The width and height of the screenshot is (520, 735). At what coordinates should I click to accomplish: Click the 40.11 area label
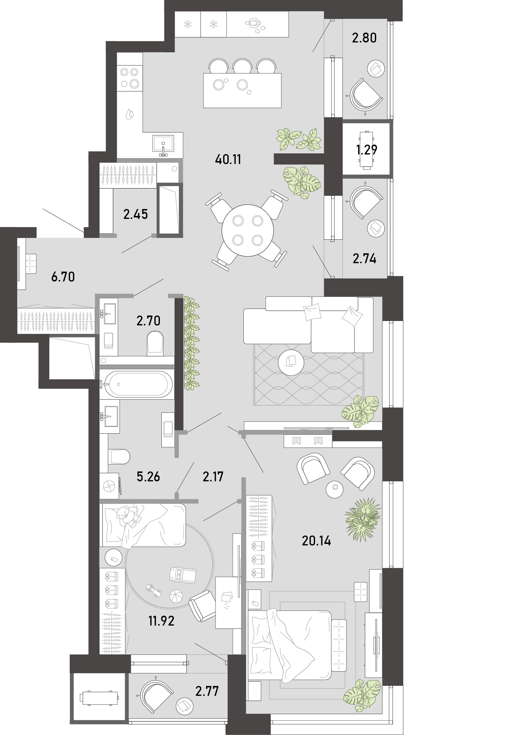(x=228, y=160)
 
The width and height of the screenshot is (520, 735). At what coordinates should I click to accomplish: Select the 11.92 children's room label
(x=161, y=621)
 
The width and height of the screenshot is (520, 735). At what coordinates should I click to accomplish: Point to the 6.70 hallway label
(x=63, y=277)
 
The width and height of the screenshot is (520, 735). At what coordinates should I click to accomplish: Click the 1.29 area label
(x=366, y=150)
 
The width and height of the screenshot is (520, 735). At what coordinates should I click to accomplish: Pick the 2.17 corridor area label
(x=213, y=477)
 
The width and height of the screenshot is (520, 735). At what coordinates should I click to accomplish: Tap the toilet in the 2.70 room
(x=155, y=343)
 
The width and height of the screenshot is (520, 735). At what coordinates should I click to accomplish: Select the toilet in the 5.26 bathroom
(x=119, y=457)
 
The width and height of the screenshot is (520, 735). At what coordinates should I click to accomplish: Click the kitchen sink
(x=163, y=146)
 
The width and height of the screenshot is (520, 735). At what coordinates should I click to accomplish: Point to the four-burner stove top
(x=130, y=78)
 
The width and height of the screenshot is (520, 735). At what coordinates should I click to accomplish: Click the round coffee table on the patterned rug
(x=291, y=362)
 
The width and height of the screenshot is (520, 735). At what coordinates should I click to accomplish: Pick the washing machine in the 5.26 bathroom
(x=109, y=486)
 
